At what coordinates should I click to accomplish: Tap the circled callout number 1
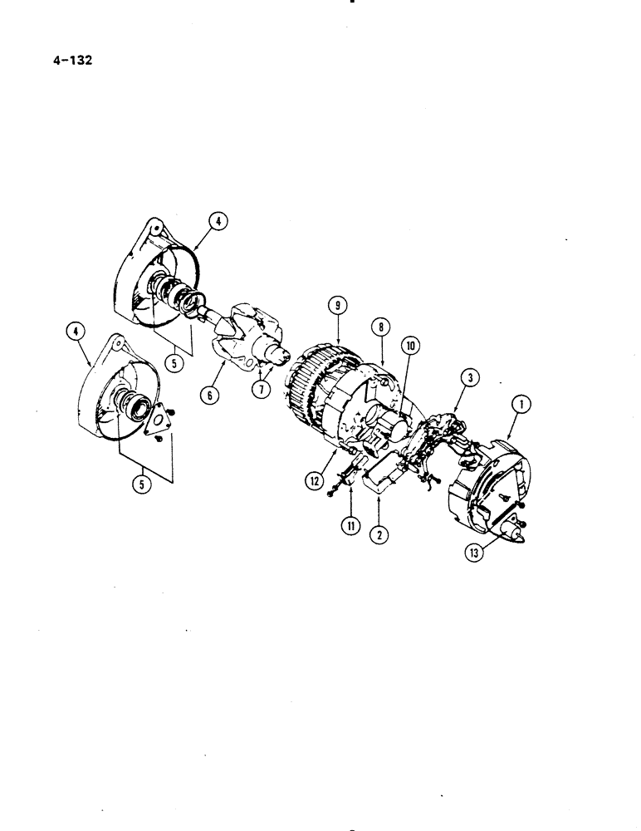(x=521, y=405)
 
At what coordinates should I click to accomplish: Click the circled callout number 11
(x=349, y=523)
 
